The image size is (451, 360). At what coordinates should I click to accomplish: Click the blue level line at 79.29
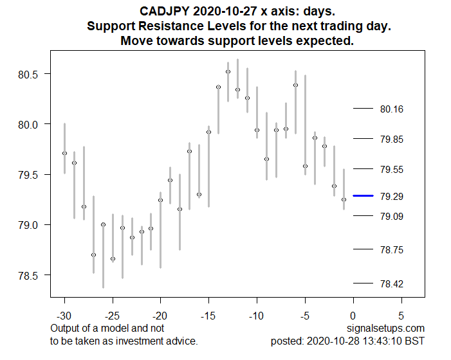(x=363, y=195)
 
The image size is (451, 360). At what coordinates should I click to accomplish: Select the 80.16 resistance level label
(x=392, y=109)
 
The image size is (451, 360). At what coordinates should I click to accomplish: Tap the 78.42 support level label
(x=392, y=283)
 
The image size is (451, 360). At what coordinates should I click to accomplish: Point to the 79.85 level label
(x=392, y=139)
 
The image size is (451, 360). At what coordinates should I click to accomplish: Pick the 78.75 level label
(x=392, y=249)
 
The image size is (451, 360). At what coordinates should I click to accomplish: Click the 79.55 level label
(x=392, y=170)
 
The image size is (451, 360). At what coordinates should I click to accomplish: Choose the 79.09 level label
(x=392, y=217)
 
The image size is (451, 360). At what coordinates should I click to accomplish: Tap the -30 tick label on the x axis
(x=64, y=316)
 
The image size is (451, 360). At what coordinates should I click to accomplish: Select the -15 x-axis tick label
(x=208, y=316)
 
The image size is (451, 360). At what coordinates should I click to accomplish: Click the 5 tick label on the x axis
(x=401, y=316)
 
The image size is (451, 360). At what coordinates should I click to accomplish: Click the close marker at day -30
(x=64, y=153)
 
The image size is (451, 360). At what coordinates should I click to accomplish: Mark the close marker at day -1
(x=344, y=199)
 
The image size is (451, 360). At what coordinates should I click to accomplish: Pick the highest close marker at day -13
(x=228, y=71)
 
